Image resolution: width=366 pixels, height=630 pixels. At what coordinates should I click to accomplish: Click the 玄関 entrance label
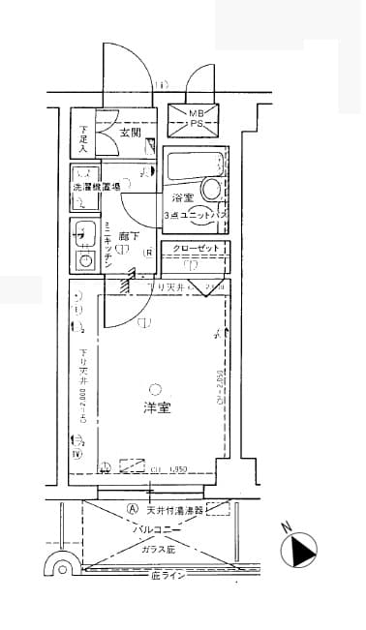[132, 132]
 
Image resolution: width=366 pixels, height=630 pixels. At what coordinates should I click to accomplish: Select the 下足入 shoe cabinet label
[84, 140]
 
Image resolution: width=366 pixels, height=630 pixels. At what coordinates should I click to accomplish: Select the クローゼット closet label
[197, 249]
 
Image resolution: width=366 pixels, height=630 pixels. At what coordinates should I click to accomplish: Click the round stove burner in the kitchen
[85, 261]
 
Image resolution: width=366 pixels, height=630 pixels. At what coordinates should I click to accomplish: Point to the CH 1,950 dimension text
[167, 469]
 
